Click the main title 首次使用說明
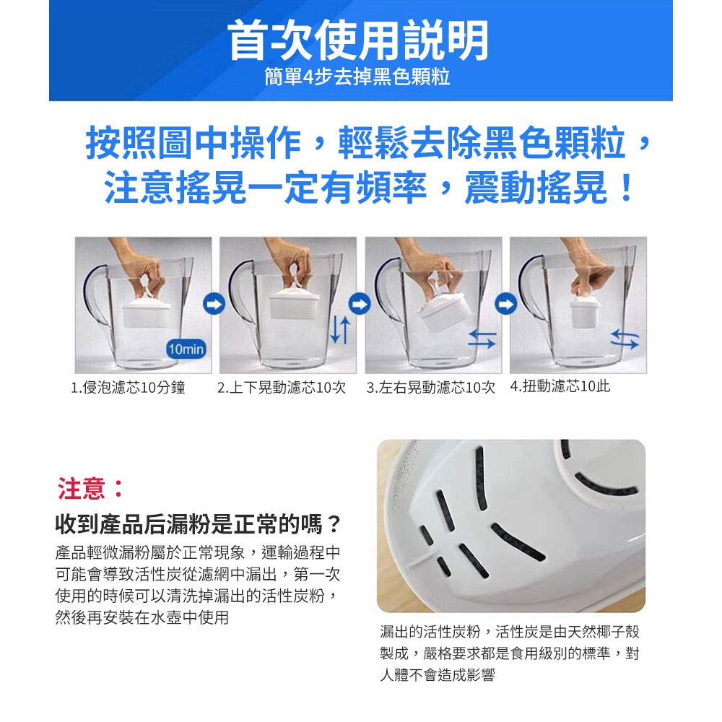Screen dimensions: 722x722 click(358, 40)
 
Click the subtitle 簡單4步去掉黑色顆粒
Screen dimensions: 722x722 click(357, 77)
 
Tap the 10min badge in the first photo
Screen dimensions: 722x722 click(186, 349)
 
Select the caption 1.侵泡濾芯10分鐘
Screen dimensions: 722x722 click(128, 388)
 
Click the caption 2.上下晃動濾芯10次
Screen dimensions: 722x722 click(282, 388)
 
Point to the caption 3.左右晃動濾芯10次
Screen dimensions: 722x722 click(430, 388)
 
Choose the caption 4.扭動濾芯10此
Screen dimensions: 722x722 click(560, 386)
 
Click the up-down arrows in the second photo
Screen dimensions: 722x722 click(340, 331)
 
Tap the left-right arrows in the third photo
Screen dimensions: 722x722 click(482, 339)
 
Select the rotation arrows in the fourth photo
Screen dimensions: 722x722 click(625, 339)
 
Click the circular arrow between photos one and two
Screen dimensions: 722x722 click(214, 304)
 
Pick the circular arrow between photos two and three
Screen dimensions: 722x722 click(360, 304)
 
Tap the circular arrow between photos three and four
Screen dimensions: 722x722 click(505, 304)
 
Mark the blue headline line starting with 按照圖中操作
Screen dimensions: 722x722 click(368, 142)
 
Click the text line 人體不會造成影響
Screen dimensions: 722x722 click(438, 675)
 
